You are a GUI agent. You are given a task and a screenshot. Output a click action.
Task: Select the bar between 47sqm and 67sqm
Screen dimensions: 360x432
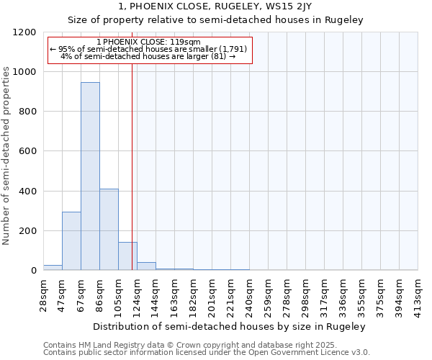71,241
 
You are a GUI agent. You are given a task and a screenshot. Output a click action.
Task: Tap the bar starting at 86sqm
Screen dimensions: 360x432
109,230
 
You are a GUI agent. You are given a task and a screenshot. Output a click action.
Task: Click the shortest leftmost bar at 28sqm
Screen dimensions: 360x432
53,267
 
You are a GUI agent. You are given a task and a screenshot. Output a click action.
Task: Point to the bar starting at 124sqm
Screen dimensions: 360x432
146,266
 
